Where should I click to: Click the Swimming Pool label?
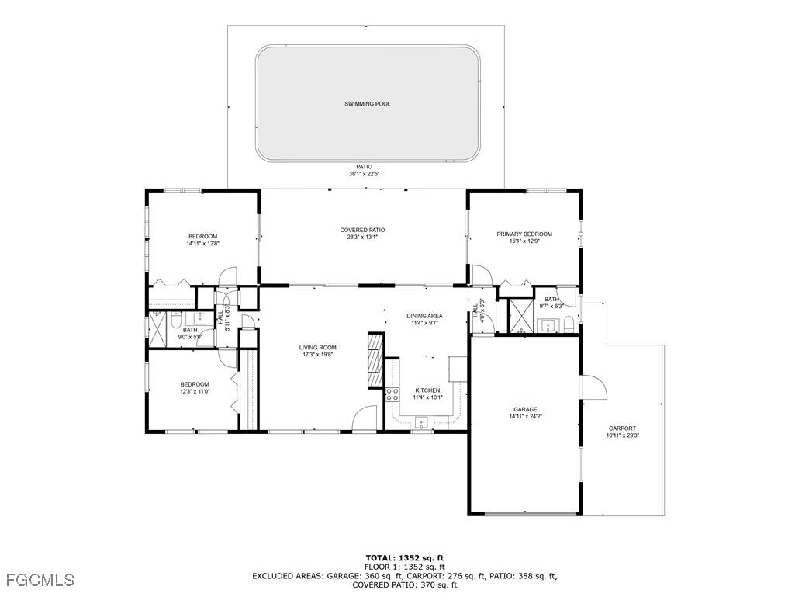coord(367,103)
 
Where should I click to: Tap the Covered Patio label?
coord(362,230)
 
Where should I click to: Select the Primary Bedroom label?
coord(524,234)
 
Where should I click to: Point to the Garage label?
coord(525,409)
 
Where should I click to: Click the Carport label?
coord(622,428)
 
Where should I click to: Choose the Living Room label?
coord(318,347)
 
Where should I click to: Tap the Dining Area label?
coord(424,316)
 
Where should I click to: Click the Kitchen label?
coord(427,390)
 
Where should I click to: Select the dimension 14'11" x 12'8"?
coord(202,244)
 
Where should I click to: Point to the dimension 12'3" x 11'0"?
coord(195,391)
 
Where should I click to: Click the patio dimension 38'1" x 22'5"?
coord(364,174)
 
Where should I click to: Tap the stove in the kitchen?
coord(392,394)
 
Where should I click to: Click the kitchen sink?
coord(422,422)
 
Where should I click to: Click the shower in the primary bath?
coord(517,315)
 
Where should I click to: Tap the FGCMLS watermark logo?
coord(39,580)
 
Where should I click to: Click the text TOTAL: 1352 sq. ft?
coord(404,557)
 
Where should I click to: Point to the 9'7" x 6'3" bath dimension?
coord(551,306)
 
